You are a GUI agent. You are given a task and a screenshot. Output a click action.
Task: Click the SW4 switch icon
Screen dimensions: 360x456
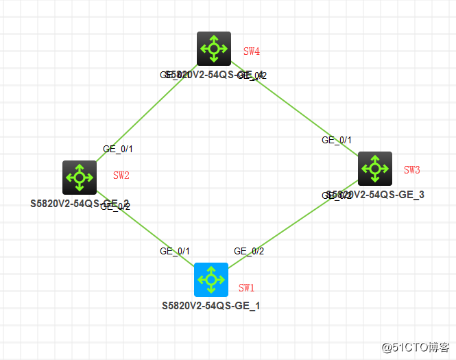coord(213,48)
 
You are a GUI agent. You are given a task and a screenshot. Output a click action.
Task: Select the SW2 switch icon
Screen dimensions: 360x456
coord(80,177)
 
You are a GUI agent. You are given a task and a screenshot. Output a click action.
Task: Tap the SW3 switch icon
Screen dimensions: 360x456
coord(374,168)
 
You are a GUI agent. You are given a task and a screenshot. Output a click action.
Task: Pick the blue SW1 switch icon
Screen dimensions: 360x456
coord(211,279)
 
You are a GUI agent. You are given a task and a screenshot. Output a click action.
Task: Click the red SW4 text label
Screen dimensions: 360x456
coord(252,51)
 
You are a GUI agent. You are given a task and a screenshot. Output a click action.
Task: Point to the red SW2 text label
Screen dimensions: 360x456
coord(121,176)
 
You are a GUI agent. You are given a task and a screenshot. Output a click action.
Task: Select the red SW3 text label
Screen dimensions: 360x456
coord(411,169)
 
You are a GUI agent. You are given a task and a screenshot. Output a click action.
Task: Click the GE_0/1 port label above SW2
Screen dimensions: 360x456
coord(117,148)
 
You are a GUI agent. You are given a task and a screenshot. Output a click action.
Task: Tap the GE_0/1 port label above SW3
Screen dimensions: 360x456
coord(337,140)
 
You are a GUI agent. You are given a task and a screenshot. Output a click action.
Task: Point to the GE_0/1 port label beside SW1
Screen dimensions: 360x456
coord(175,251)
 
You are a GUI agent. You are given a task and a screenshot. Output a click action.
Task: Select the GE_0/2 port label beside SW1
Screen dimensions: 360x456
coord(249,251)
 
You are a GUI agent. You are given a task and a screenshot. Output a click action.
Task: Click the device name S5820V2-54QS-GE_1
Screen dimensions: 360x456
coord(211,305)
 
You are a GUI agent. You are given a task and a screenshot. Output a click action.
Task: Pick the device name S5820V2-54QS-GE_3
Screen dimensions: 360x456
coord(376,195)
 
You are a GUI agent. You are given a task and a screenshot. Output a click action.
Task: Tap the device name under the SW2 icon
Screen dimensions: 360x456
coord(80,204)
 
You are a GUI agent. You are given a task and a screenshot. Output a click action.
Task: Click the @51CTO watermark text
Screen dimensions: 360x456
coord(416,347)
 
